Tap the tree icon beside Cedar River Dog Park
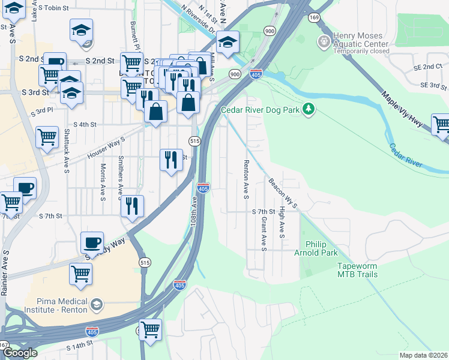click(x=309, y=109)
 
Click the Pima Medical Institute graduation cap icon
click(x=96, y=305)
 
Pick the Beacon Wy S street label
click(x=282, y=193)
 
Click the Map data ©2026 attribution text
click(x=423, y=355)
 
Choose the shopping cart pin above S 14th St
click(x=150, y=329)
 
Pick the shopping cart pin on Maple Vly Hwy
click(x=441, y=125)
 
